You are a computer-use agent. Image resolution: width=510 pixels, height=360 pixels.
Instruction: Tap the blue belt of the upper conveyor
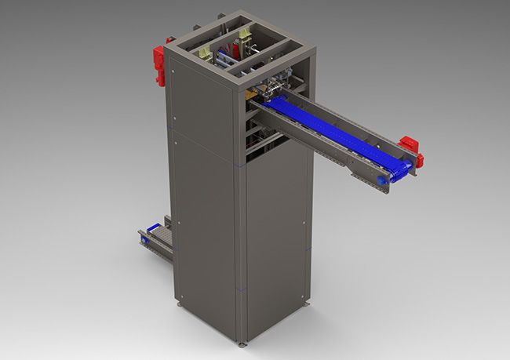tap(330, 130)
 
